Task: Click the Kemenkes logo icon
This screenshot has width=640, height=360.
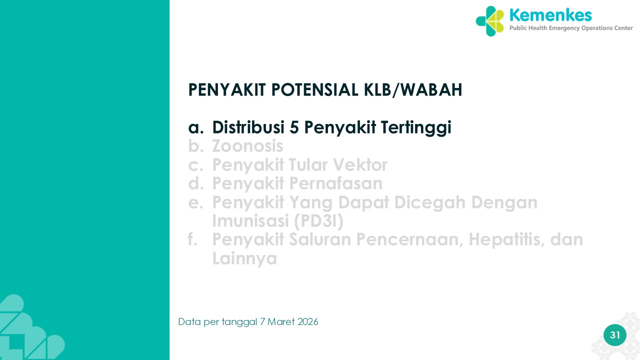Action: click(489, 21)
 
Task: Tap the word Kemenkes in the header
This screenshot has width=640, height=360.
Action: click(550, 15)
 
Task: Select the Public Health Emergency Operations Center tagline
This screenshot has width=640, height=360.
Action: click(571, 28)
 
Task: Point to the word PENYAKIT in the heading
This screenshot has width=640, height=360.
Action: click(227, 89)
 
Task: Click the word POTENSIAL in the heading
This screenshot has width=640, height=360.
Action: click(315, 89)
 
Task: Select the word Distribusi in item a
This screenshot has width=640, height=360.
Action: click(248, 127)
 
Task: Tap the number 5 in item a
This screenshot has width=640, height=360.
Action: click(294, 127)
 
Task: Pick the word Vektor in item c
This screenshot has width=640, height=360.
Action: click(360, 164)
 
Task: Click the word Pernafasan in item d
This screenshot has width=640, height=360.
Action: click(335, 183)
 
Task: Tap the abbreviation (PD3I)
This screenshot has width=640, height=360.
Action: click(318, 221)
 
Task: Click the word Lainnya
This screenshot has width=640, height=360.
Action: click(244, 259)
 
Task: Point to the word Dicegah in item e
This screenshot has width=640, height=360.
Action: click(430, 203)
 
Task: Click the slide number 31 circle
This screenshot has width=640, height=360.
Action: click(615, 335)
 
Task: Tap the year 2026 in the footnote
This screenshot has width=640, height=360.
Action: click(307, 322)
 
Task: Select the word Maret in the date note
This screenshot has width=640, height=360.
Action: click(281, 322)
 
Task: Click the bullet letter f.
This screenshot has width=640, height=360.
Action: click(192, 239)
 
